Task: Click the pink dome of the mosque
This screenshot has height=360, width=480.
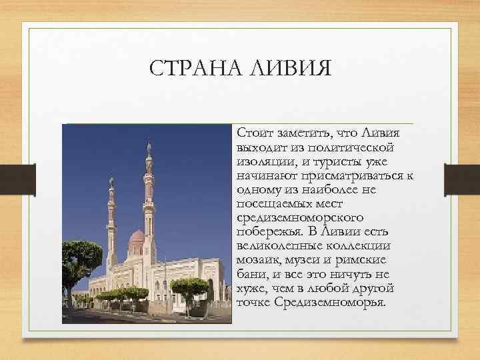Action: pyautogui.click(x=136, y=236)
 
